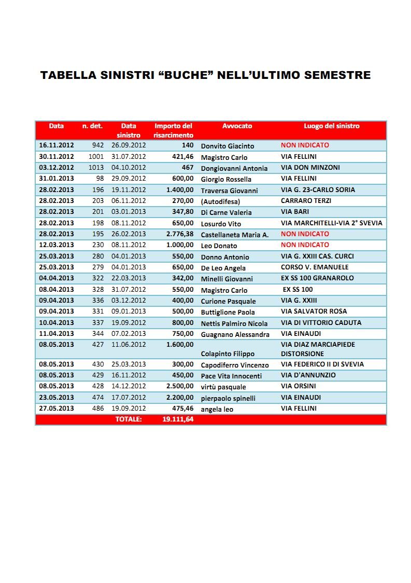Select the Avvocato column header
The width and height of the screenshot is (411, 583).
click(x=237, y=126)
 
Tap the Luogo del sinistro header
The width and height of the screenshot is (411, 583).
click(x=331, y=126)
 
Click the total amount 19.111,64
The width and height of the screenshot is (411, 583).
click(x=178, y=419)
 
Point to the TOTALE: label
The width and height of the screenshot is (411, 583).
click(x=129, y=419)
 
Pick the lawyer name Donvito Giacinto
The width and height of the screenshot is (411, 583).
click(x=228, y=146)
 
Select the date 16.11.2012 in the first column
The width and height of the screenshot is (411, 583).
click(x=56, y=146)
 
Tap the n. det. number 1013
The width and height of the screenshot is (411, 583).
click(x=96, y=168)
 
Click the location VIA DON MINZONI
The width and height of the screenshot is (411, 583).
click(x=310, y=168)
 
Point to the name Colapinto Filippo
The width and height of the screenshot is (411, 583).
click(x=228, y=354)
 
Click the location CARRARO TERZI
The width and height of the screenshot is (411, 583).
click(x=306, y=201)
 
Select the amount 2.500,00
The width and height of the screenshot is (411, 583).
click(x=180, y=386)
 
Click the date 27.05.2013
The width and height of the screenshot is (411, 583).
click(x=56, y=409)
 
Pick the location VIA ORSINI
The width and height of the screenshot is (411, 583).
click(x=299, y=386)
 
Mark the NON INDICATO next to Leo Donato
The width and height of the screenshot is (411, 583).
click(x=305, y=245)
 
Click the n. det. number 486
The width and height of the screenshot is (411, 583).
click(x=98, y=409)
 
